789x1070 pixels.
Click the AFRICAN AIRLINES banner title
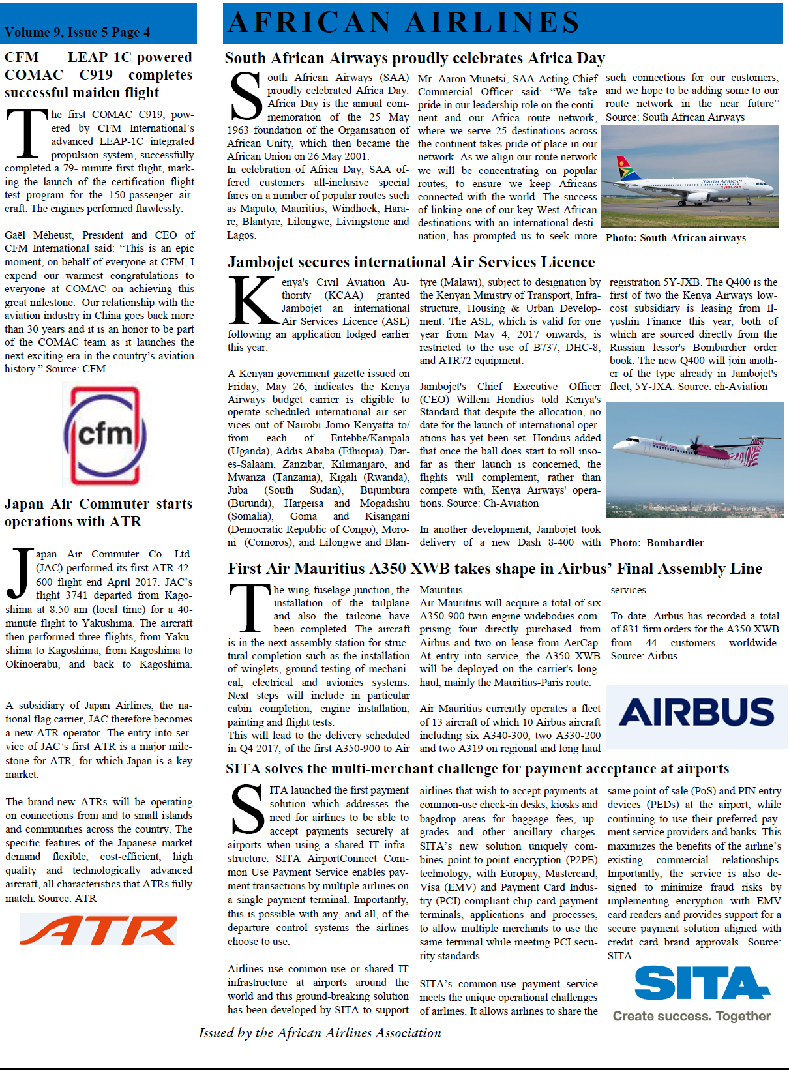[x=404, y=22]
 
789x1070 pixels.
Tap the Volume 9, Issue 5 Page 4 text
[x=77, y=32]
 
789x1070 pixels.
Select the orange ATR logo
[x=98, y=930]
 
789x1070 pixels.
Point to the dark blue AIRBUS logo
[x=696, y=712]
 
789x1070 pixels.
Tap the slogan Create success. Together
[x=691, y=1016]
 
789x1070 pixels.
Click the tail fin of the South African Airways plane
[x=627, y=169]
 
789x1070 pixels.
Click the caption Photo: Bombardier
[x=657, y=543]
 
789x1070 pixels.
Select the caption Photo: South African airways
[x=676, y=238]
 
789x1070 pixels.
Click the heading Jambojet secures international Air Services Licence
[x=411, y=262]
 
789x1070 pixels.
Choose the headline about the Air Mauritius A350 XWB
[x=494, y=569]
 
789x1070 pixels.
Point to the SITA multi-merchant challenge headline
[x=477, y=769]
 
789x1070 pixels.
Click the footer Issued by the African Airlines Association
[x=320, y=1033]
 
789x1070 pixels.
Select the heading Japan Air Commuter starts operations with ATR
[x=98, y=513]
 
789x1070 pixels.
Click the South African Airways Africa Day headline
[x=415, y=58]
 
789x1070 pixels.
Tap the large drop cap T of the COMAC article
[x=27, y=134]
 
